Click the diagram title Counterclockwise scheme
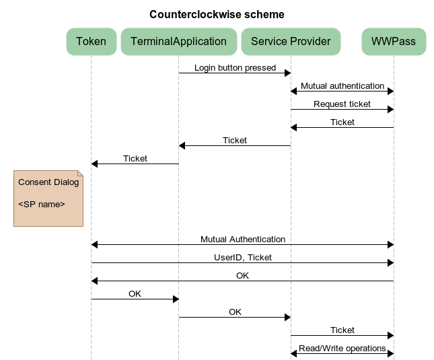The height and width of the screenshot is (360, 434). pyautogui.click(x=217, y=14)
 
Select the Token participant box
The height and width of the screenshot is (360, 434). pyautogui.click(x=91, y=42)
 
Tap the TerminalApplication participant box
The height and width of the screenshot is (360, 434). pyautogui.click(x=178, y=42)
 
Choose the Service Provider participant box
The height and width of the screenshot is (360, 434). pyautogui.click(x=291, y=42)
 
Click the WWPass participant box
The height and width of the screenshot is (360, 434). pyautogui.click(x=394, y=42)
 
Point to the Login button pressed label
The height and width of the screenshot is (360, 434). pyautogui.click(x=235, y=67)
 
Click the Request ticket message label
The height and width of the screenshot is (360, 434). pyautogui.click(x=342, y=104)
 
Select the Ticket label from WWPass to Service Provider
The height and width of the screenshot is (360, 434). pyautogui.click(x=342, y=122)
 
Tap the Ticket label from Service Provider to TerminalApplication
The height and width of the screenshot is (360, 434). pyautogui.click(x=235, y=140)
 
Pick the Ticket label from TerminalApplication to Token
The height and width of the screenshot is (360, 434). pyautogui.click(x=135, y=158)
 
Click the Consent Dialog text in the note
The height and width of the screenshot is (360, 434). pyautogui.click(x=48, y=182)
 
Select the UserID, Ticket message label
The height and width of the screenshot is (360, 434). pyautogui.click(x=242, y=257)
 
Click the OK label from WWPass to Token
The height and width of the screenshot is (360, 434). pyautogui.click(x=242, y=275)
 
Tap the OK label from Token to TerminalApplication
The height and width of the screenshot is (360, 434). pyautogui.click(x=135, y=293)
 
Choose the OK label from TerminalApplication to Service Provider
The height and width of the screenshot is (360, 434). pyautogui.click(x=235, y=312)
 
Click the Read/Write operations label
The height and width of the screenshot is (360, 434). pyautogui.click(x=342, y=348)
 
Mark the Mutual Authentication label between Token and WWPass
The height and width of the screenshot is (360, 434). pyautogui.click(x=242, y=239)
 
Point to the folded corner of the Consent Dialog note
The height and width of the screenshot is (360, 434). pyautogui.click(x=79, y=174)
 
